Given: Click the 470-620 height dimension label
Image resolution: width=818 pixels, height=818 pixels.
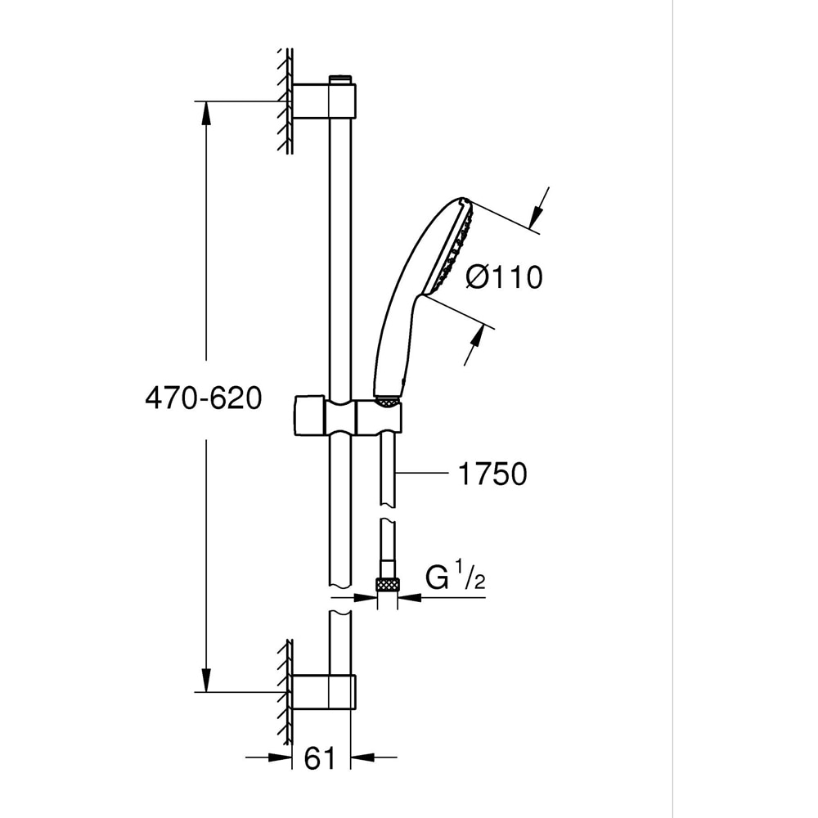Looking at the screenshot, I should point(203,398).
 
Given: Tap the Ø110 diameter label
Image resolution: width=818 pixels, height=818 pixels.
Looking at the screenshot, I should point(504,277).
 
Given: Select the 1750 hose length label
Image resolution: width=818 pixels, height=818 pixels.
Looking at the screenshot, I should point(491,474).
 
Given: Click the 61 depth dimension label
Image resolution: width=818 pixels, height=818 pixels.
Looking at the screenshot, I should point(320,758).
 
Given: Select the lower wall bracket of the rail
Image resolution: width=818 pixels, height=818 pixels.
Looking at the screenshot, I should point(325,691).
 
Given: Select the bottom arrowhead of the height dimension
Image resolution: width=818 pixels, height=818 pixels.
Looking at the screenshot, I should point(205,681).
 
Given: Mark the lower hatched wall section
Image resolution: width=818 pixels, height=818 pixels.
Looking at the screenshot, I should point(285,691).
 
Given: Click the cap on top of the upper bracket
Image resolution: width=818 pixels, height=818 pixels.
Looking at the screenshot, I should point(339,79).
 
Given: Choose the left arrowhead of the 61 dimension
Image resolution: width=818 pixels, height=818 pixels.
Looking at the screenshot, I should point(282,757).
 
